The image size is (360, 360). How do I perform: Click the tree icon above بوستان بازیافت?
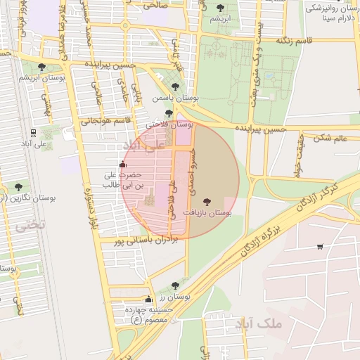[206, 201]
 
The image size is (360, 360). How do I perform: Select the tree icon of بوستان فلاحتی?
[168, 112]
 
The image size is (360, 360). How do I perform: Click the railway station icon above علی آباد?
[33, 132]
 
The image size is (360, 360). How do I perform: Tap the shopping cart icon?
[320, 247]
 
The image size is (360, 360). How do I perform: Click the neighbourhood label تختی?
[30, 225]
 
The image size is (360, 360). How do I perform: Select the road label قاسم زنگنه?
[293, 41]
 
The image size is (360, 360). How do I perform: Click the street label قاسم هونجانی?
[105, 121]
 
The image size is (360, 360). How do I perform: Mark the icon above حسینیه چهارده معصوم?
[148, 300]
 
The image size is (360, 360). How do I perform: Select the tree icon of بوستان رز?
[175, 285]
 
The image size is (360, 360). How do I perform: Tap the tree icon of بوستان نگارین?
[18, 187]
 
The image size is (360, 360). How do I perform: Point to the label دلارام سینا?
[329, 18]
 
